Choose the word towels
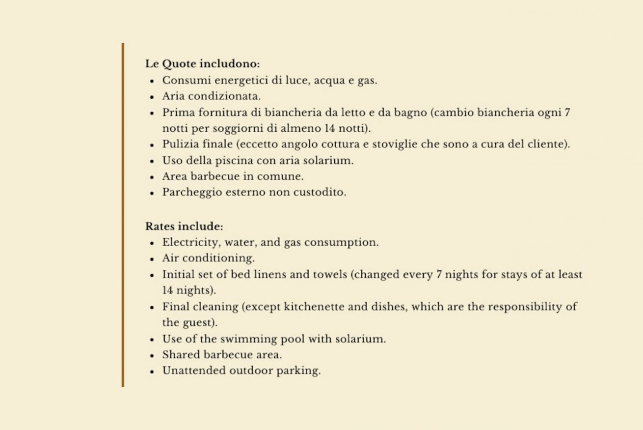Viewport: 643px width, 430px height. [330, 275]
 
